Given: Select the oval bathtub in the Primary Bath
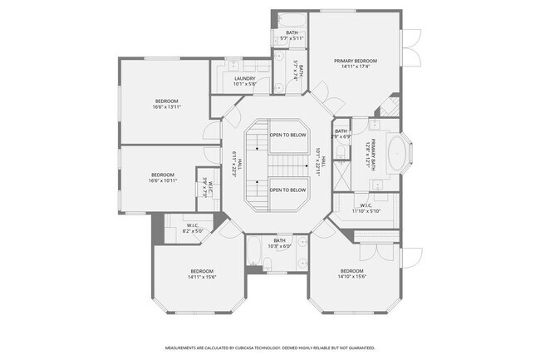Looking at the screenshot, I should click(397, 155).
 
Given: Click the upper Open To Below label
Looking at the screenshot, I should click(287, 135).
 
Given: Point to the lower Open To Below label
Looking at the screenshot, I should click(287, 190).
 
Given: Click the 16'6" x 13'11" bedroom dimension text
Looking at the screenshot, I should click(167, 106).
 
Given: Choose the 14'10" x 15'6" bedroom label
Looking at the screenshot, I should click(351, 275).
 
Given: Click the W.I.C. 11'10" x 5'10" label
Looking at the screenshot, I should click(366, 208).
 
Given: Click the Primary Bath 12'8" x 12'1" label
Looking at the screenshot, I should click(373, 153).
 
